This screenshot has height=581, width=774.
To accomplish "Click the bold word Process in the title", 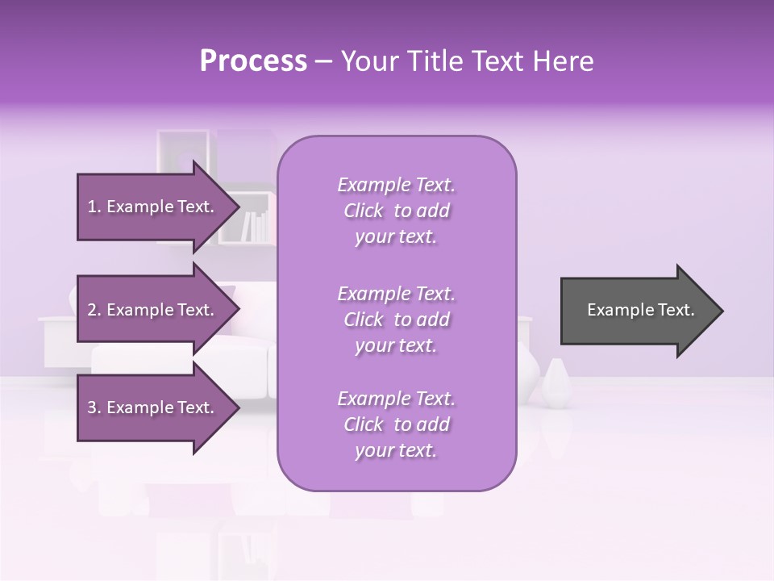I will (x=253, y=61).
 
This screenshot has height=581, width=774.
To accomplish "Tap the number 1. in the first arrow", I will (x=94, y=207).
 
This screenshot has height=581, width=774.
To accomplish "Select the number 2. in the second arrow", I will (x=94, y=310).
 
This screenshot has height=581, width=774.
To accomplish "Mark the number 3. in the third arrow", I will (x=94, y=408).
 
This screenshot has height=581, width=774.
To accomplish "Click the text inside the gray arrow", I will (x=640, y=310).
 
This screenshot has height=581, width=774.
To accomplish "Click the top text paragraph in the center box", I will (x=396, y=211).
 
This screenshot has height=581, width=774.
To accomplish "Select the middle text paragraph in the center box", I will (x=396, y=320).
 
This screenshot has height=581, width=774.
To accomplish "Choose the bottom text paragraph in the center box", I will (x=396, y=424).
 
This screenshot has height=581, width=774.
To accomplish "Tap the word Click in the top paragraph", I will (x=363, y=211).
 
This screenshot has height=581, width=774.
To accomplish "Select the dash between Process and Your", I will (x=324, y=61).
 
